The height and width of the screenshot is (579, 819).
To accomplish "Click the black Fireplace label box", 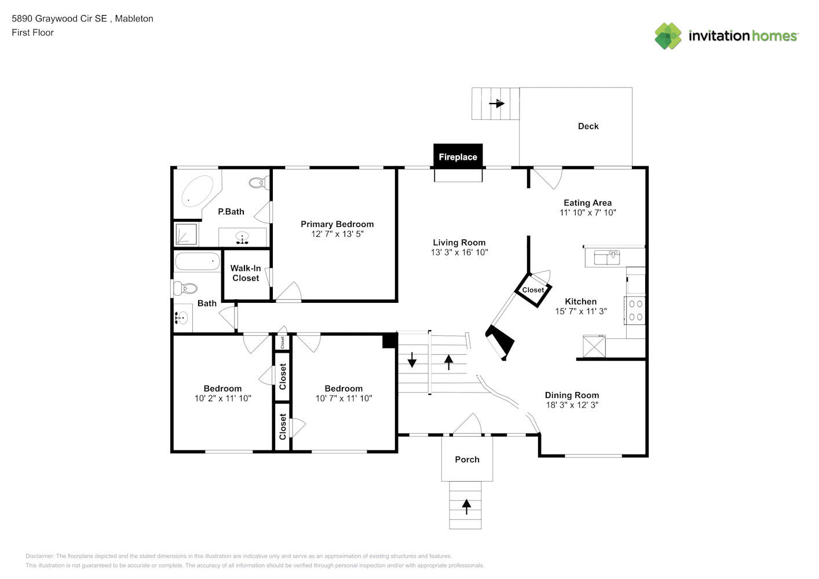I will (x=458, y=156).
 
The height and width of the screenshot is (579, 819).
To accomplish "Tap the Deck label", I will (x=588, y=126).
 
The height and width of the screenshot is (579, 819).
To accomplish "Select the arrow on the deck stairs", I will (x=496, y=104).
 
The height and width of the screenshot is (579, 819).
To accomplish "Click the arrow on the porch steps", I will (x=466, y=507).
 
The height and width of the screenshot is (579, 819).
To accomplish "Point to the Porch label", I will (x=467, y=460).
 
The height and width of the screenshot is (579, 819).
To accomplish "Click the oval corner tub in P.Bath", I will (x=196, y=192).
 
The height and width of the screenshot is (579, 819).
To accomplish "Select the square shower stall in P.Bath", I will (x=187, y=234).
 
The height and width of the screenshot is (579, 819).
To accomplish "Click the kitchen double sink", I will (x=606, y=257).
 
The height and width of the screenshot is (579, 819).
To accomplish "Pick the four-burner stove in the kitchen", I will (x=635, y=310).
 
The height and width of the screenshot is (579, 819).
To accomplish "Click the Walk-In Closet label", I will (x=246, y=273).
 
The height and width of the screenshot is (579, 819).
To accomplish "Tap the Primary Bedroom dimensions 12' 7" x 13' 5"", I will (x=337, y=234).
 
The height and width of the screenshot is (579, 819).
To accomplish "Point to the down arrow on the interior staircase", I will (x=412, y=360).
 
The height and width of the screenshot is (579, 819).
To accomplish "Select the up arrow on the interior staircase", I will (x=448, y=362).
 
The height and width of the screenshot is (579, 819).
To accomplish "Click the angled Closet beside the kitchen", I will (x=533, y=290).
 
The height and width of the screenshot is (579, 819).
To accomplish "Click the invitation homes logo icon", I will (x=668, y=36).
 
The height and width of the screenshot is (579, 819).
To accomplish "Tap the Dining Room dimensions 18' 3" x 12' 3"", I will (x=572, y=405).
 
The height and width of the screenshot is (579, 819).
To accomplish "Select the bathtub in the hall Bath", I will (x=198, y=261).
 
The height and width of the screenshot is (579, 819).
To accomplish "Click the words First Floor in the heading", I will (x=33, y=32).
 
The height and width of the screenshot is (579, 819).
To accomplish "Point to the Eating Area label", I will (x=587, y=203).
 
